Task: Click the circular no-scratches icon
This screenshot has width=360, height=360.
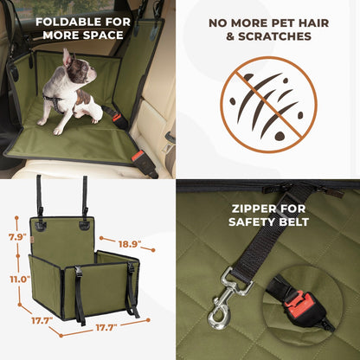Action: [268, 105]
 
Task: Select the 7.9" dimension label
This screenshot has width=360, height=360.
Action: [16, 237]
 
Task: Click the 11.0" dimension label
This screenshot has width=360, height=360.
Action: [18, 280]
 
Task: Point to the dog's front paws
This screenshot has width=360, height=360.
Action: [59, 129]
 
